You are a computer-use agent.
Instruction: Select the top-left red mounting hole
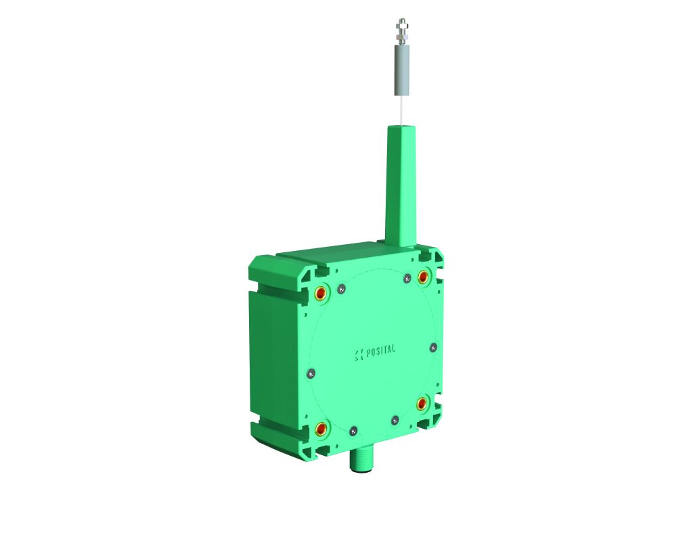pos(320,292)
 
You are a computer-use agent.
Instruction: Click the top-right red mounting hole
pos(424,277)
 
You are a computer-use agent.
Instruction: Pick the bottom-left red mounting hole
pos(320,427)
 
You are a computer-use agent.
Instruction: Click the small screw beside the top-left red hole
pos(341,289)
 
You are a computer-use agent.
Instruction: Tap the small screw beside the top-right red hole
pos(407,278)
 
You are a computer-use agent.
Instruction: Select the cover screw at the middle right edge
pos(434,347)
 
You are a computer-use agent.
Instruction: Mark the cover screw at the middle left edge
pos(311,373)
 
